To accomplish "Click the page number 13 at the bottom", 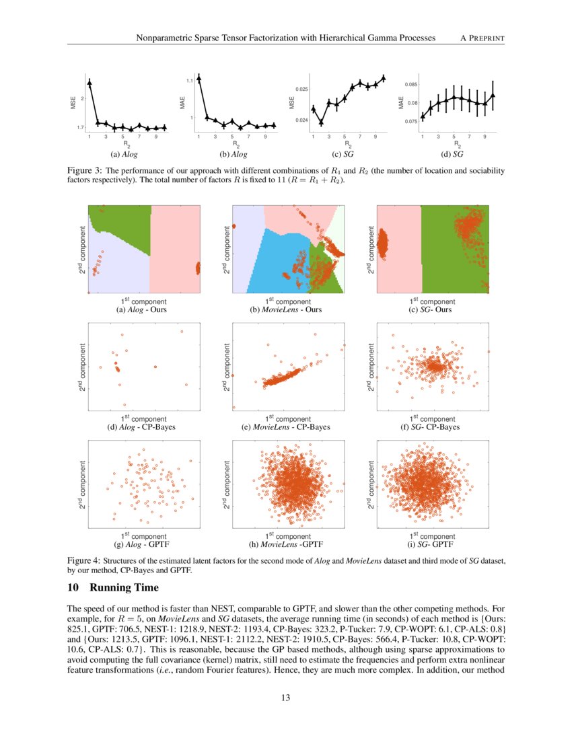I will click(286, 698).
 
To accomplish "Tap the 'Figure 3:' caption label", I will click(84, 172).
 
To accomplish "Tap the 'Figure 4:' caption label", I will click(84, 560).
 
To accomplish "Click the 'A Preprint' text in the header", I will click(482, 39).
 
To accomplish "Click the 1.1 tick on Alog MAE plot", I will click(190, 81).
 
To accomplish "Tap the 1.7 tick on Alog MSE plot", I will click(80, 127).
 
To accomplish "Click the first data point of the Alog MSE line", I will click(90, 82).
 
